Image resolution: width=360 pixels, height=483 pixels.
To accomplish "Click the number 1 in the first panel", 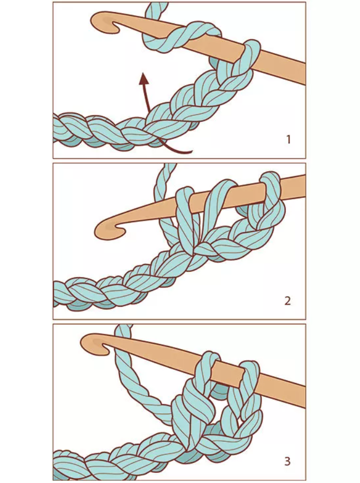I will click(x=288, y=140).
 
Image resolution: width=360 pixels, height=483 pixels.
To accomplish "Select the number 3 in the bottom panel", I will click(x=287, y=461).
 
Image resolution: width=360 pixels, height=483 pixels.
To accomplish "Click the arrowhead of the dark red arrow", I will click(x=143, y=78).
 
